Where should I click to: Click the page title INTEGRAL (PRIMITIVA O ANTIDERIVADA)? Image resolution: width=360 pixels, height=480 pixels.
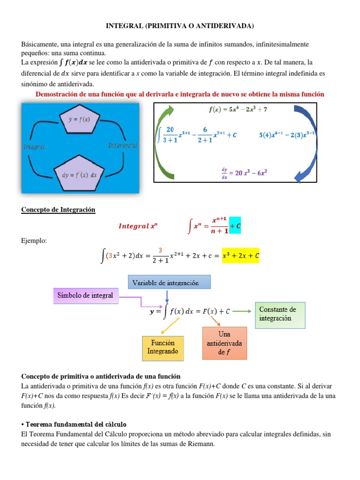pyautogui.click(x=180, y=25)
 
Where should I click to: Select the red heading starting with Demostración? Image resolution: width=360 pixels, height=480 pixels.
pyautogui.click(x=180, y=94)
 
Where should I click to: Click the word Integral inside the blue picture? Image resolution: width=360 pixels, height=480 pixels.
pyautogui.click(x=34, y=147)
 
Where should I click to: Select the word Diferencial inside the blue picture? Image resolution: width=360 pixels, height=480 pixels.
pyautogui.click(x=123, y=145)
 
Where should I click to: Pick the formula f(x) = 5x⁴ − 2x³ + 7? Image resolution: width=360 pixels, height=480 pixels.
pyautogui.click(x=238, y=110)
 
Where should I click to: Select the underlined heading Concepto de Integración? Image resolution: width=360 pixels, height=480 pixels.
pyautogui.click(x=58, y=210)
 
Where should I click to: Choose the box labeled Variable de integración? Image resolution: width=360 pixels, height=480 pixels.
pyautogui.click(x=169, y=282)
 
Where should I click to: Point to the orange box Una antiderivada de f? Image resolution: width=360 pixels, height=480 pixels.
pyautogui.click(x=224, y=343)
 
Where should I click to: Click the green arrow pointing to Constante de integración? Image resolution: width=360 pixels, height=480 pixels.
pyautogui.click(x=243, y=310)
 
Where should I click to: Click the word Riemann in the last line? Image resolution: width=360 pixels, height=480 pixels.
pyautogui.click(x=199, y=444)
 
